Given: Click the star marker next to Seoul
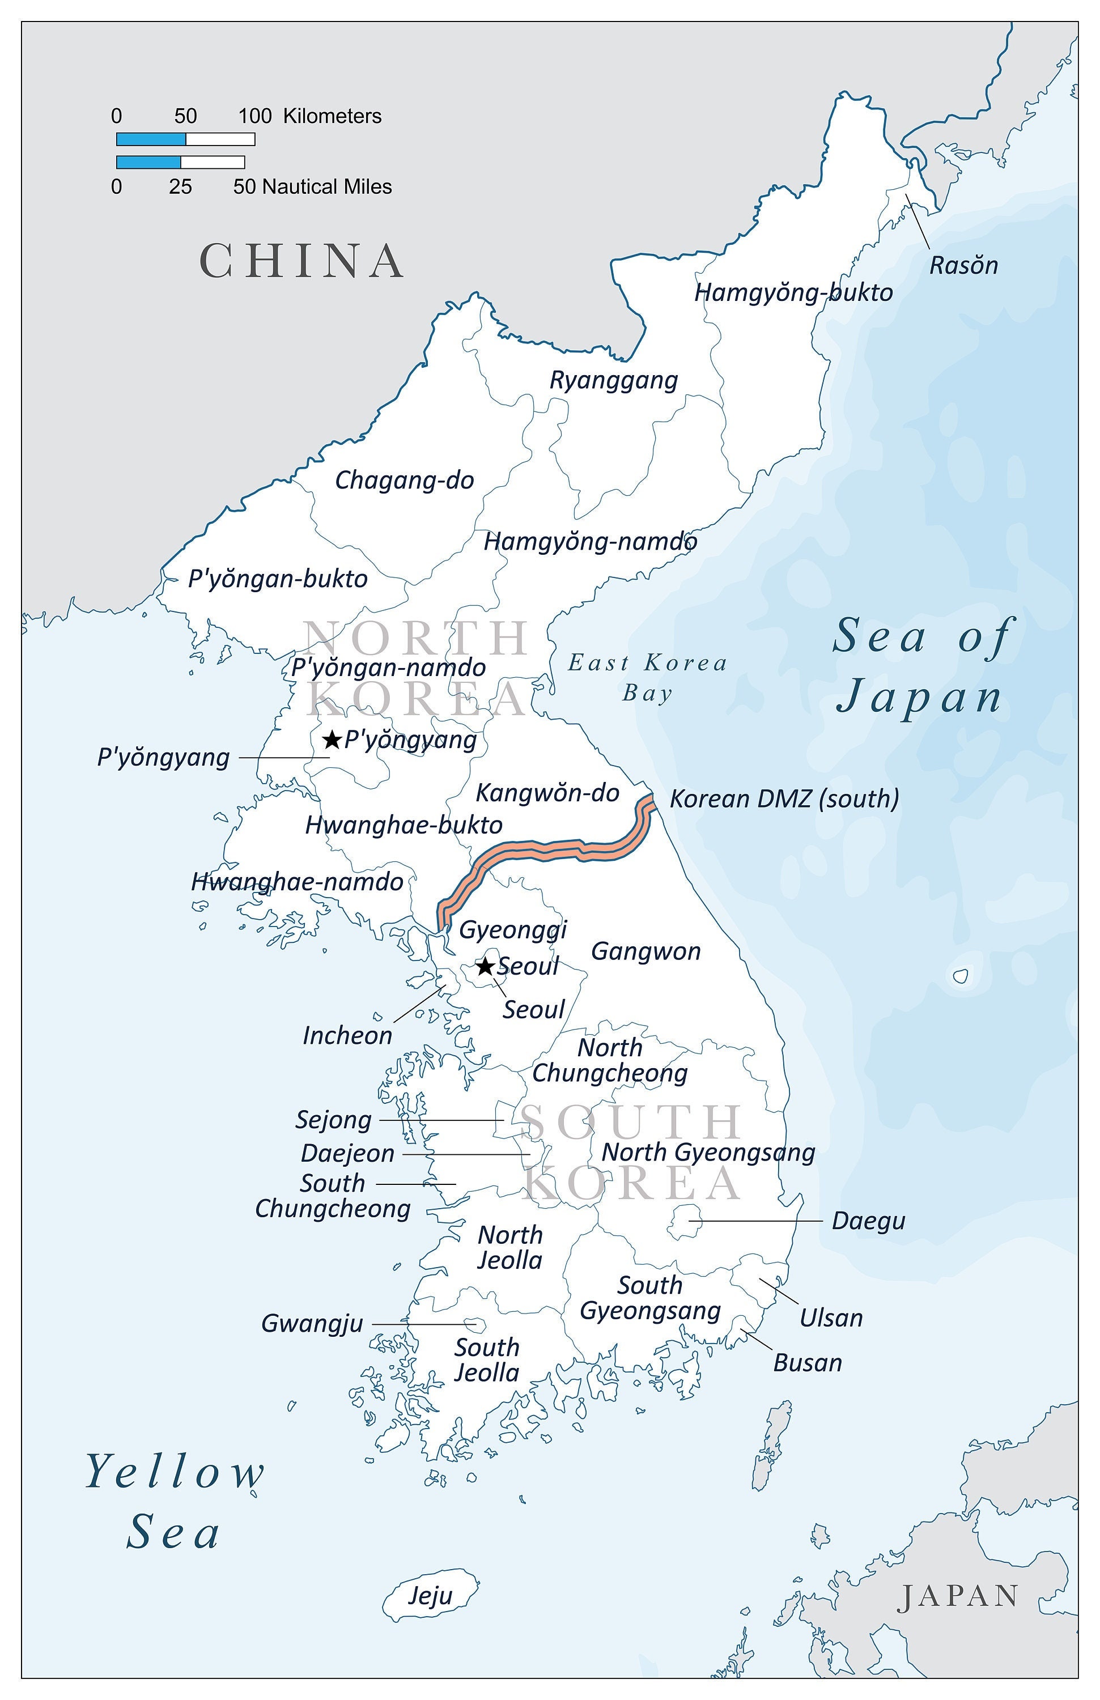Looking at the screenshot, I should (x=485, y=966).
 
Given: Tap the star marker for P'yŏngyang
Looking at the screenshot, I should (x=332, y=739).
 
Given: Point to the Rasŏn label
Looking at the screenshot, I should (x=963, y=266).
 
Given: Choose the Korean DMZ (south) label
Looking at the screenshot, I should (x=784, y=798).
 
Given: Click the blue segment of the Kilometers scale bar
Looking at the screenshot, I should (x=151, y=139).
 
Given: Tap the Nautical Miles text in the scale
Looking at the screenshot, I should (x=327, y=187).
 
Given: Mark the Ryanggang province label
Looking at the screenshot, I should (x=613, y=380).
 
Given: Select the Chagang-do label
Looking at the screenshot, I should (x=404, y=480).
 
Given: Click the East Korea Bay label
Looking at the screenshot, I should (x=647, y=677).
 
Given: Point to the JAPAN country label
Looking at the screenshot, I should (x=958, y=1596).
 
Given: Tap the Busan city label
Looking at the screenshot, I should (x=807, y=1363).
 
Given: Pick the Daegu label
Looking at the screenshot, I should (x=868, y=1221).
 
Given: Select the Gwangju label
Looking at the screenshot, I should (x=312, y=1324).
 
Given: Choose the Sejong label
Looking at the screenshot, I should (x=334, y=1120).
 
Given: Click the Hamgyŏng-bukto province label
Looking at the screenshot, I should (x=793, y=293).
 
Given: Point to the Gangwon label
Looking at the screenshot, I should (x=645, y=951).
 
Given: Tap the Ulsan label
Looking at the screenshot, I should (x=831, y=1318).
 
